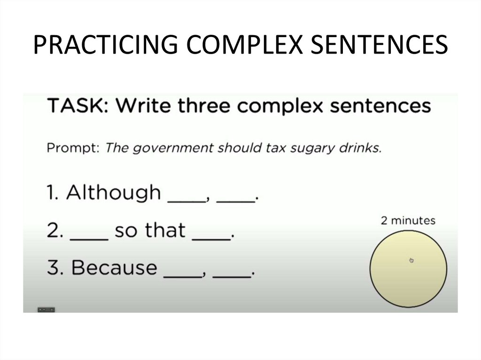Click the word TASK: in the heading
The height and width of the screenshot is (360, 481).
pyautogui.click(x=78, y=106)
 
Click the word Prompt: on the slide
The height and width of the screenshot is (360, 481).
pyautogui.click(x=73, y=148)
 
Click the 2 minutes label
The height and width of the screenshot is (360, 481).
pyautogui.click(x=408, y=221)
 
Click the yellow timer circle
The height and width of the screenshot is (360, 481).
pyautogui.click(x=408, y=277)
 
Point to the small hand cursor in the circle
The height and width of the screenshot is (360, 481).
pyautogui.click(x=411, y=260)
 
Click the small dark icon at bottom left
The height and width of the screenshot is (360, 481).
pyautogui.click(x=46, y=310)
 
